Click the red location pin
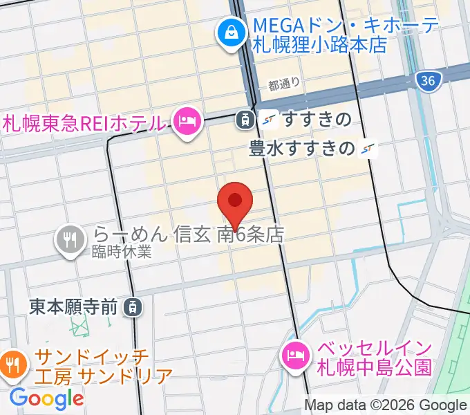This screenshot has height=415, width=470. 235,202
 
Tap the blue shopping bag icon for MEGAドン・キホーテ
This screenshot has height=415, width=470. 229,33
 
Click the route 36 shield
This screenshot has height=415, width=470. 429,81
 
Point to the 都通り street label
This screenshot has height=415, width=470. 284,85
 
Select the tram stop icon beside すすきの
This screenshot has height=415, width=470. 244,120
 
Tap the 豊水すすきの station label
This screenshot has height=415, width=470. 303,148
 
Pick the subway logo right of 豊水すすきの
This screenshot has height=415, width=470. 370,148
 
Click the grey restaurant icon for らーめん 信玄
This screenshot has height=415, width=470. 70,239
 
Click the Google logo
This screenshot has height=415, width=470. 46,398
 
